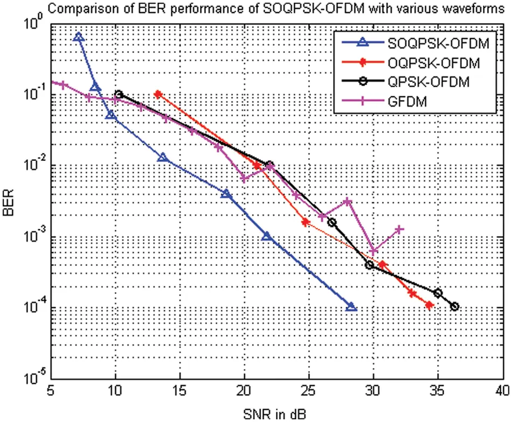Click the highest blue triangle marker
pos(79,37)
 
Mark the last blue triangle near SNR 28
pos(351,307)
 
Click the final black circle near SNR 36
pos(454,306)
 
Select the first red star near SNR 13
pos(157,94)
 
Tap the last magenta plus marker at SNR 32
pos(399,229)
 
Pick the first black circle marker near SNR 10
pos(119,95)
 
